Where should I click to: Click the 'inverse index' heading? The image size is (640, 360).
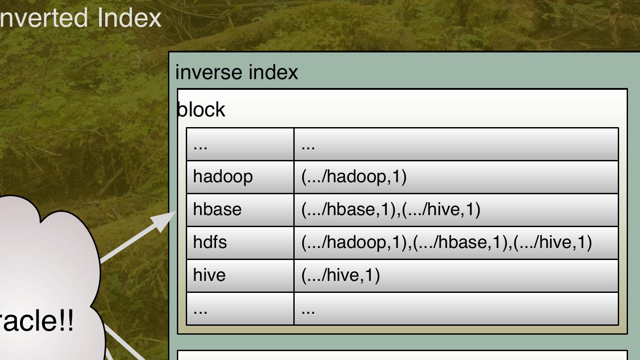[236, 72]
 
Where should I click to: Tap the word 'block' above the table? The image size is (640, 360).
[201, 110]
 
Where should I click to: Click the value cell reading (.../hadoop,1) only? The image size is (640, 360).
[354, 177]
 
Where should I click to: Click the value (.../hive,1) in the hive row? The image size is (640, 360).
[340, 275]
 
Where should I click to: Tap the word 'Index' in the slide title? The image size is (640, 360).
[129, 18]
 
